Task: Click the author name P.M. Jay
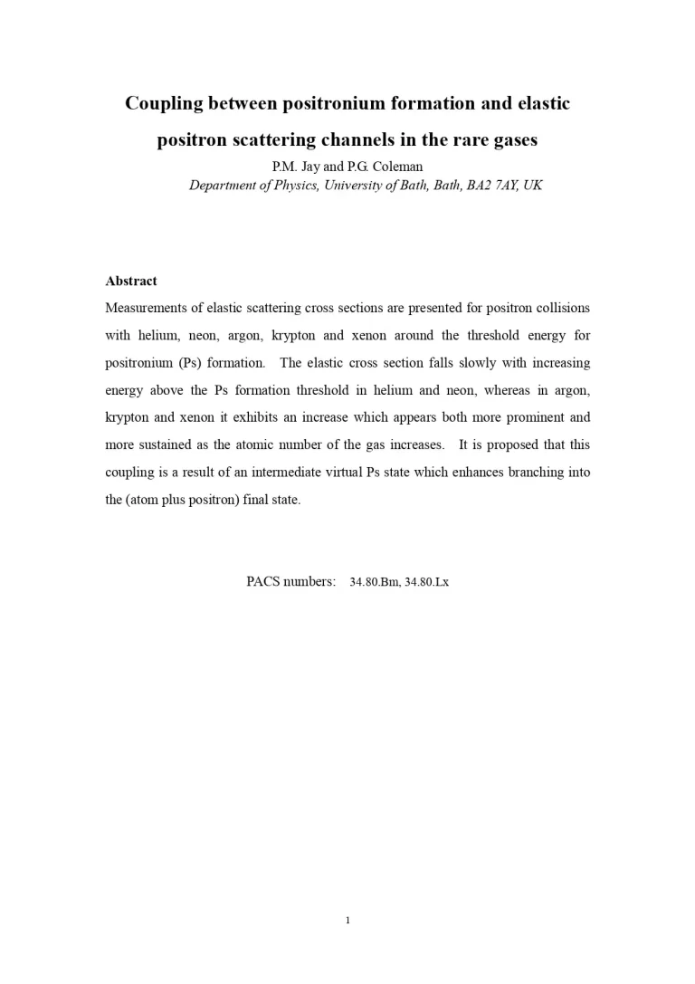point(296,167)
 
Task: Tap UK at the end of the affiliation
point(533,186)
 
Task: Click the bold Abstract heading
point(131,281)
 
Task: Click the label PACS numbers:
point(291,581)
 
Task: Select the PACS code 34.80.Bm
point(375,582)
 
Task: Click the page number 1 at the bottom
point(347,921)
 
